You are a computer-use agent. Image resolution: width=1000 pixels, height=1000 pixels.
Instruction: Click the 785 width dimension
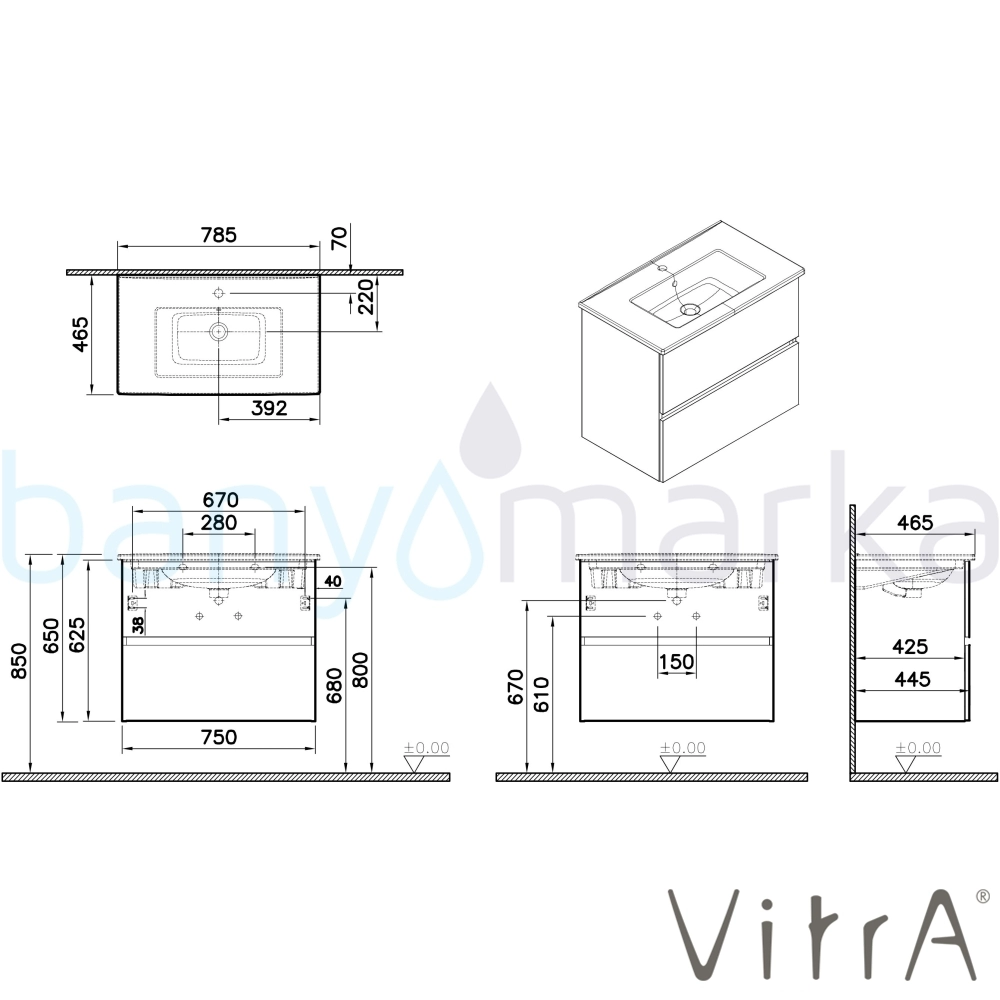(219, 235)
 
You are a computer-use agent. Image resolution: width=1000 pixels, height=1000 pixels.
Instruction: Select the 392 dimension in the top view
(268, 408)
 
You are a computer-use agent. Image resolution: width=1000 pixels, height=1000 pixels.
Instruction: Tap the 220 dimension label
(365, 297)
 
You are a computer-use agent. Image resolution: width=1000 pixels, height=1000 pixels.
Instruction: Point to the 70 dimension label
(339, 238)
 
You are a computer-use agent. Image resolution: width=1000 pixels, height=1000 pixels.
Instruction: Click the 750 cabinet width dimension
(219, 737)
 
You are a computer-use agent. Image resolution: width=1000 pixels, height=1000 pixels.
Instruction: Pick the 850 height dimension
(20, 661)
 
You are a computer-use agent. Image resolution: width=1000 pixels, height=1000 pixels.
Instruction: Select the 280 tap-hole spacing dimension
(219, 522)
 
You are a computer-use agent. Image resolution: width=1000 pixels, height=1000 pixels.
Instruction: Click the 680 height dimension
(334, 685)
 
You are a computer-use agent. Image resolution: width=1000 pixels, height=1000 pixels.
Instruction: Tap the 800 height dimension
(360, 670)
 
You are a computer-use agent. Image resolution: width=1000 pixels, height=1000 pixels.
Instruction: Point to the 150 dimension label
(677, 662)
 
